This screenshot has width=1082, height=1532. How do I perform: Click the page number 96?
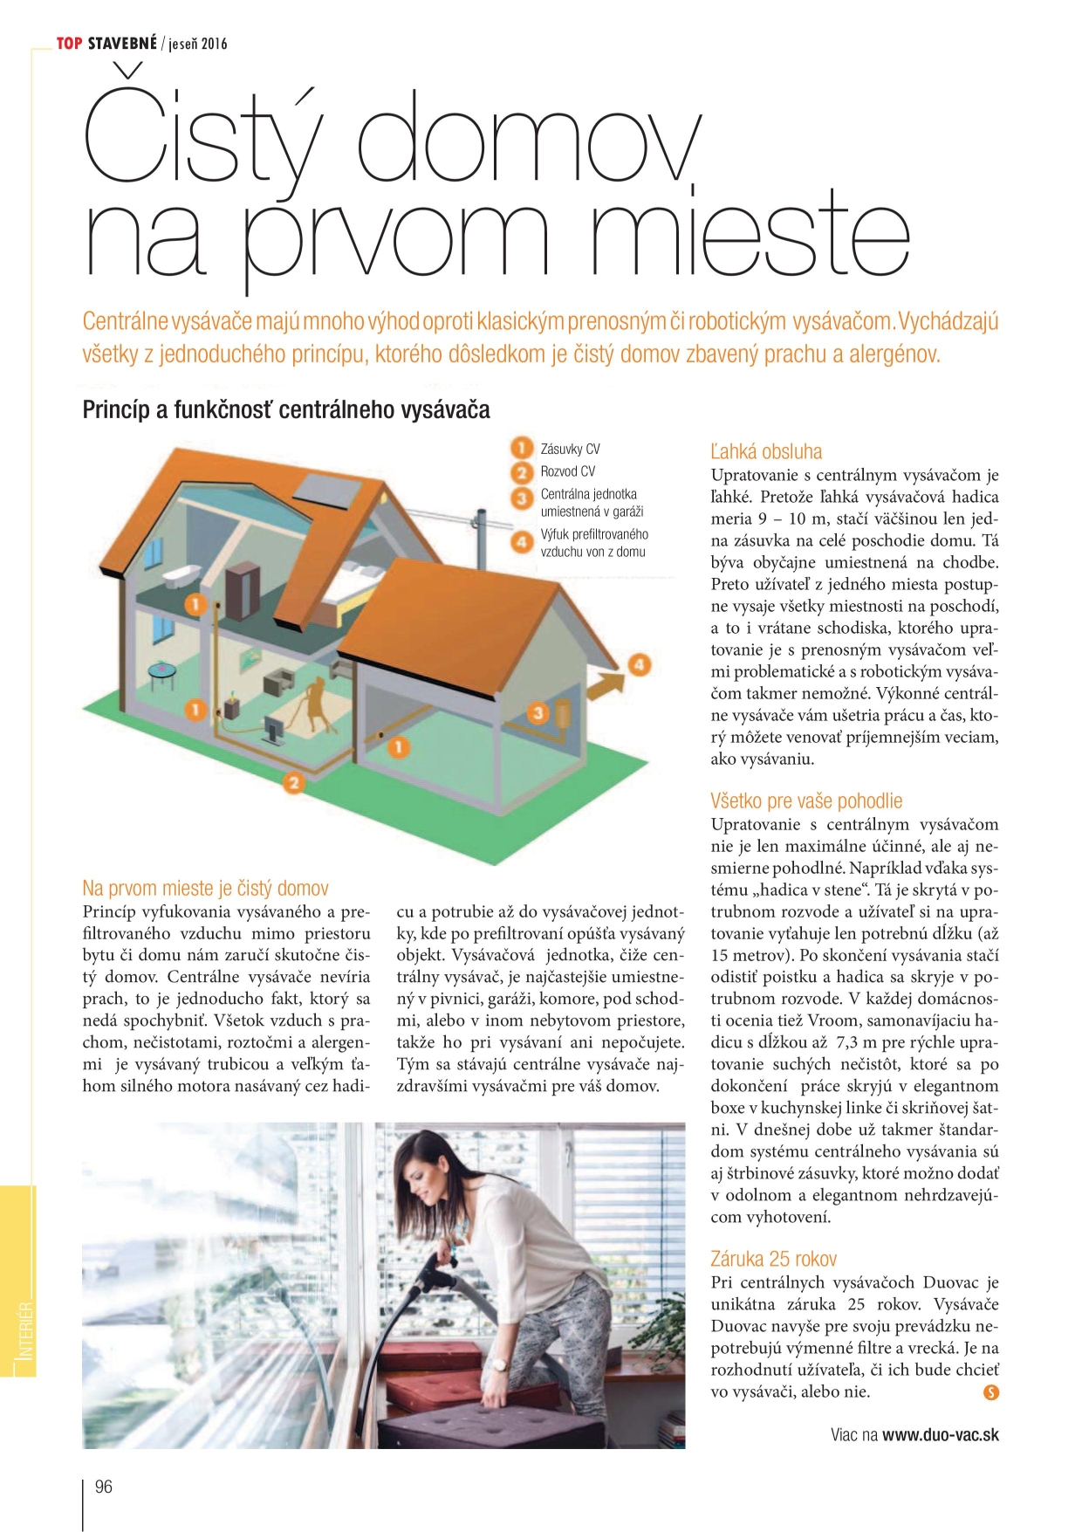[x=103, y=1487]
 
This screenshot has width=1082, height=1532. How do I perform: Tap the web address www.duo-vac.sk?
[x=941, y=1434]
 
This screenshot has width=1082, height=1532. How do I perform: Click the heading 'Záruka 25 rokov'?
[x=773, y=1259]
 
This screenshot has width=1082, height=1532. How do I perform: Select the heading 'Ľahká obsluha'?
[x=766, y=451]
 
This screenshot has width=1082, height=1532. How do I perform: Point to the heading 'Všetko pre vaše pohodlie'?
[x=806, y=800]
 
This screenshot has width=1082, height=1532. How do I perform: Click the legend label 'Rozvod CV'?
[x=568, y=471]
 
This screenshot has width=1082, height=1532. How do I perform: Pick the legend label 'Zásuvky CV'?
[x=570, y=449]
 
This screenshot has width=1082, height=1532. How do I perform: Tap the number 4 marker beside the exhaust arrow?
[x=639, y=664]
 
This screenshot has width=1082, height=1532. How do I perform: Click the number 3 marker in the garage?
[x=538, y=713]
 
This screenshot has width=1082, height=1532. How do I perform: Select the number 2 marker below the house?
[x=294, y=783]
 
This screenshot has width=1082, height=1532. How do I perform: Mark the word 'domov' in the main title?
[x=528, y=140]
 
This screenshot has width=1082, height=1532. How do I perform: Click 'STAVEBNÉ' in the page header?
[x=121, y=43]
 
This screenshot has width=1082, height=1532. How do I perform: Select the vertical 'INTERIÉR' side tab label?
[x=25, y=1330]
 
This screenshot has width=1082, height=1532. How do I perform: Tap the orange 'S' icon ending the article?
[x=990, y=1392]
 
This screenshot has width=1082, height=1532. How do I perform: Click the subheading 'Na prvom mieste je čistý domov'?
[x=205, y=888]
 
